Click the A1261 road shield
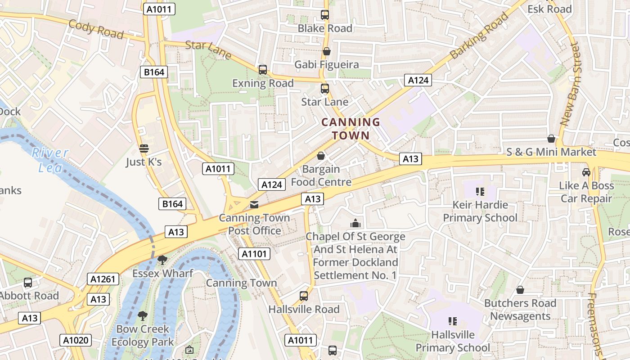click(103, 279)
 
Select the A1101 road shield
click(254, 254)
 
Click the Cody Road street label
click(96, 29)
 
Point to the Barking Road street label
click(479, 35)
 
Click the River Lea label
click(49, 160)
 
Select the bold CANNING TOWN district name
click(351, 128)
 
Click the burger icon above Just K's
click(144, 148)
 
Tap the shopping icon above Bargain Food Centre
click(321, 156)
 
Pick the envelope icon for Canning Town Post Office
click(254, 205)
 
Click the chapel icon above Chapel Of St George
click(355, 223)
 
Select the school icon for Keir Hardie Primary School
click(480, 192)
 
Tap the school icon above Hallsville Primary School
click(453, 321)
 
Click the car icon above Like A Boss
click(586, 172)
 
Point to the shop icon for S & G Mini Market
click(551, 138)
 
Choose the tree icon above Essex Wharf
click(162, 260)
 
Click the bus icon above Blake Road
click(325, 15)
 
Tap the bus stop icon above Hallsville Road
click(304, 296)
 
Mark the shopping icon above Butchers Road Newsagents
click(520, 290)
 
